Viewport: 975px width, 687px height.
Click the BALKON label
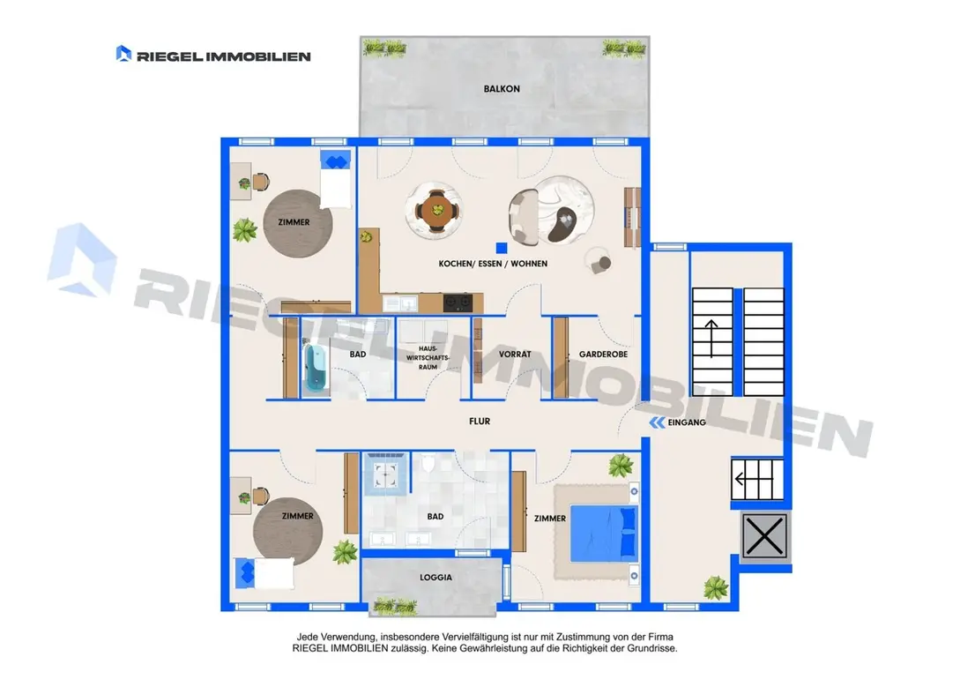pos(502,89)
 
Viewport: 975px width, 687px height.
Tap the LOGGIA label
pos(435,578)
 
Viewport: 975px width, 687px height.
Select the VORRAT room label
pos(515,354)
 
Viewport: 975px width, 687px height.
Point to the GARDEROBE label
pos(603,354)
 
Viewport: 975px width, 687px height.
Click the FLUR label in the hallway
pos(480,422)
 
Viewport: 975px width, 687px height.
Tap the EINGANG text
pos(687,422)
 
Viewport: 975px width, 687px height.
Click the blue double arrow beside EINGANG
pos(658,422)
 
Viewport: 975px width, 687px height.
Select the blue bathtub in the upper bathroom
pos(315,367)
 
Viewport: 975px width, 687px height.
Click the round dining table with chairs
pos(435,211)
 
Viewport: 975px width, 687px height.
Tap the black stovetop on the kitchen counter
pos(458,303)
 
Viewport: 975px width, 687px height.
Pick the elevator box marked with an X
pos(765,536)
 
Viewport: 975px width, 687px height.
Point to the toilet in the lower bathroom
pos(428,463)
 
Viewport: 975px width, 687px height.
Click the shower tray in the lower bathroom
pos(385,474)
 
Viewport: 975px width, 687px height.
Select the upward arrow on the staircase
pos(711,339)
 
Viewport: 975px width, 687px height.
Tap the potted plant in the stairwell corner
pos(717,587)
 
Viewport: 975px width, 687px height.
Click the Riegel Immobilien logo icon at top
pos(123,54)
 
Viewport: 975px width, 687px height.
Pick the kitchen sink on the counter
pos(400,303)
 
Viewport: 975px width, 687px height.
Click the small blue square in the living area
pos(502,248)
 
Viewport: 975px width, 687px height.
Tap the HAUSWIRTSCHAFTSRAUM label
pos(428,358)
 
